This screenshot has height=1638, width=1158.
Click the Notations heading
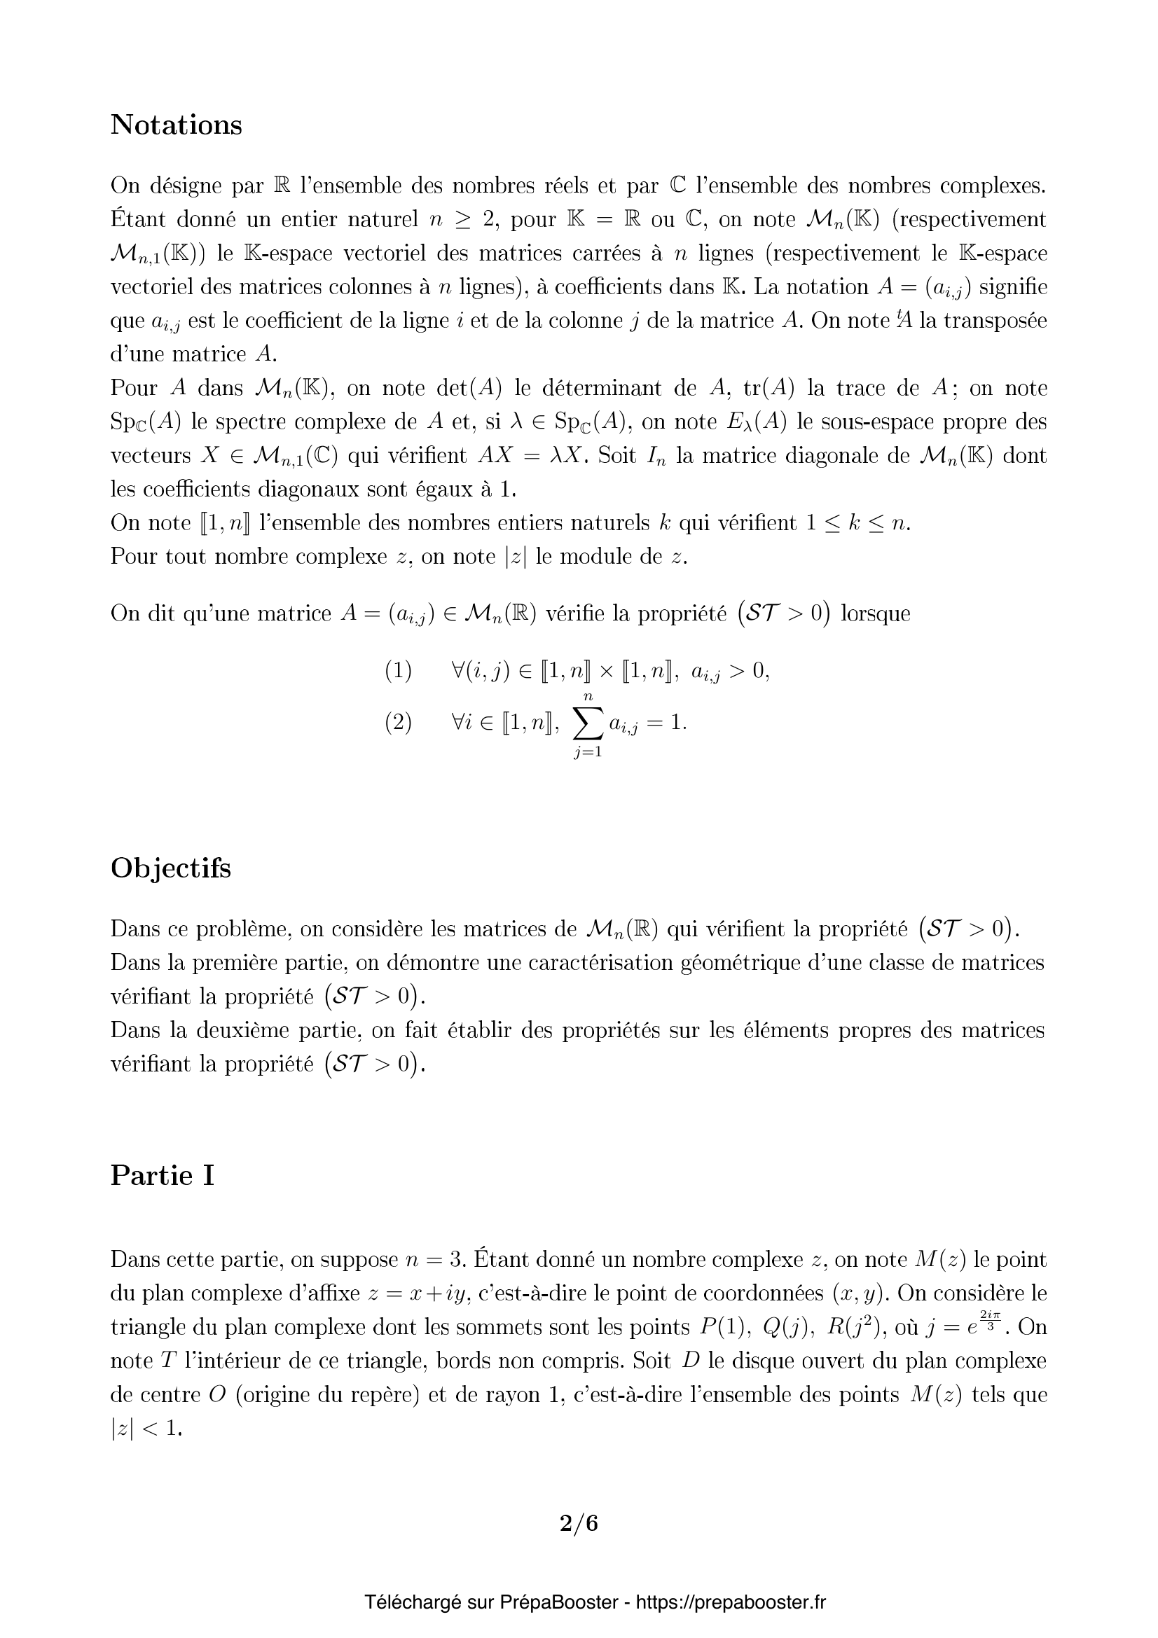pyautogui.click(x=177, y=125)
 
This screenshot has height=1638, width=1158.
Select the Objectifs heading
pyautogui.click(x=170, y=868)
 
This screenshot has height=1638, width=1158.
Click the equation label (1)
pyautogui.click(x=398, y=672)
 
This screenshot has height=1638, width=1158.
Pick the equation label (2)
pyautogui.click(x=398, y=723)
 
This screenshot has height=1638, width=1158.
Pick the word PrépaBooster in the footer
pyautogui.click(x=558, y=1603)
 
